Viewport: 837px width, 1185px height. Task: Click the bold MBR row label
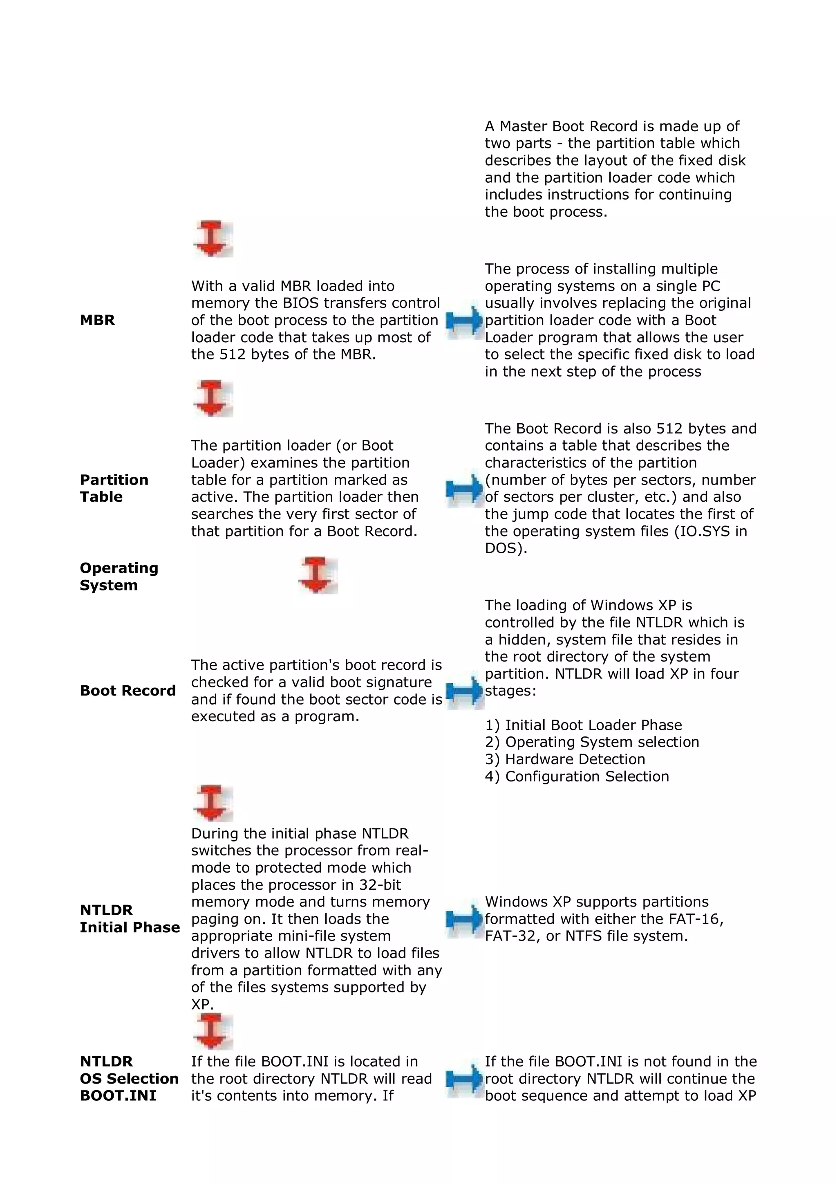coord(97,320)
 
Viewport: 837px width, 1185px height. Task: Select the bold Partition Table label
coord(114,488)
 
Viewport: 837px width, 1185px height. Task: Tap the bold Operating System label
coord(119,577)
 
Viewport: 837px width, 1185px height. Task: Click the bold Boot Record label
coord(128,691)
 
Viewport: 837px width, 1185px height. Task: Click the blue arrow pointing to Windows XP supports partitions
coord(463,919)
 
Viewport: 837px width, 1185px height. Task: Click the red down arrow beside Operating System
coord(317,575)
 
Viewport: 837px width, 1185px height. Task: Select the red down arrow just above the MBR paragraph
coord(213,239)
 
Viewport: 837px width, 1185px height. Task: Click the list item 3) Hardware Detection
coord(565,759)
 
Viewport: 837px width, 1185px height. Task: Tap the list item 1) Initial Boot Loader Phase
coord(583,725)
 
